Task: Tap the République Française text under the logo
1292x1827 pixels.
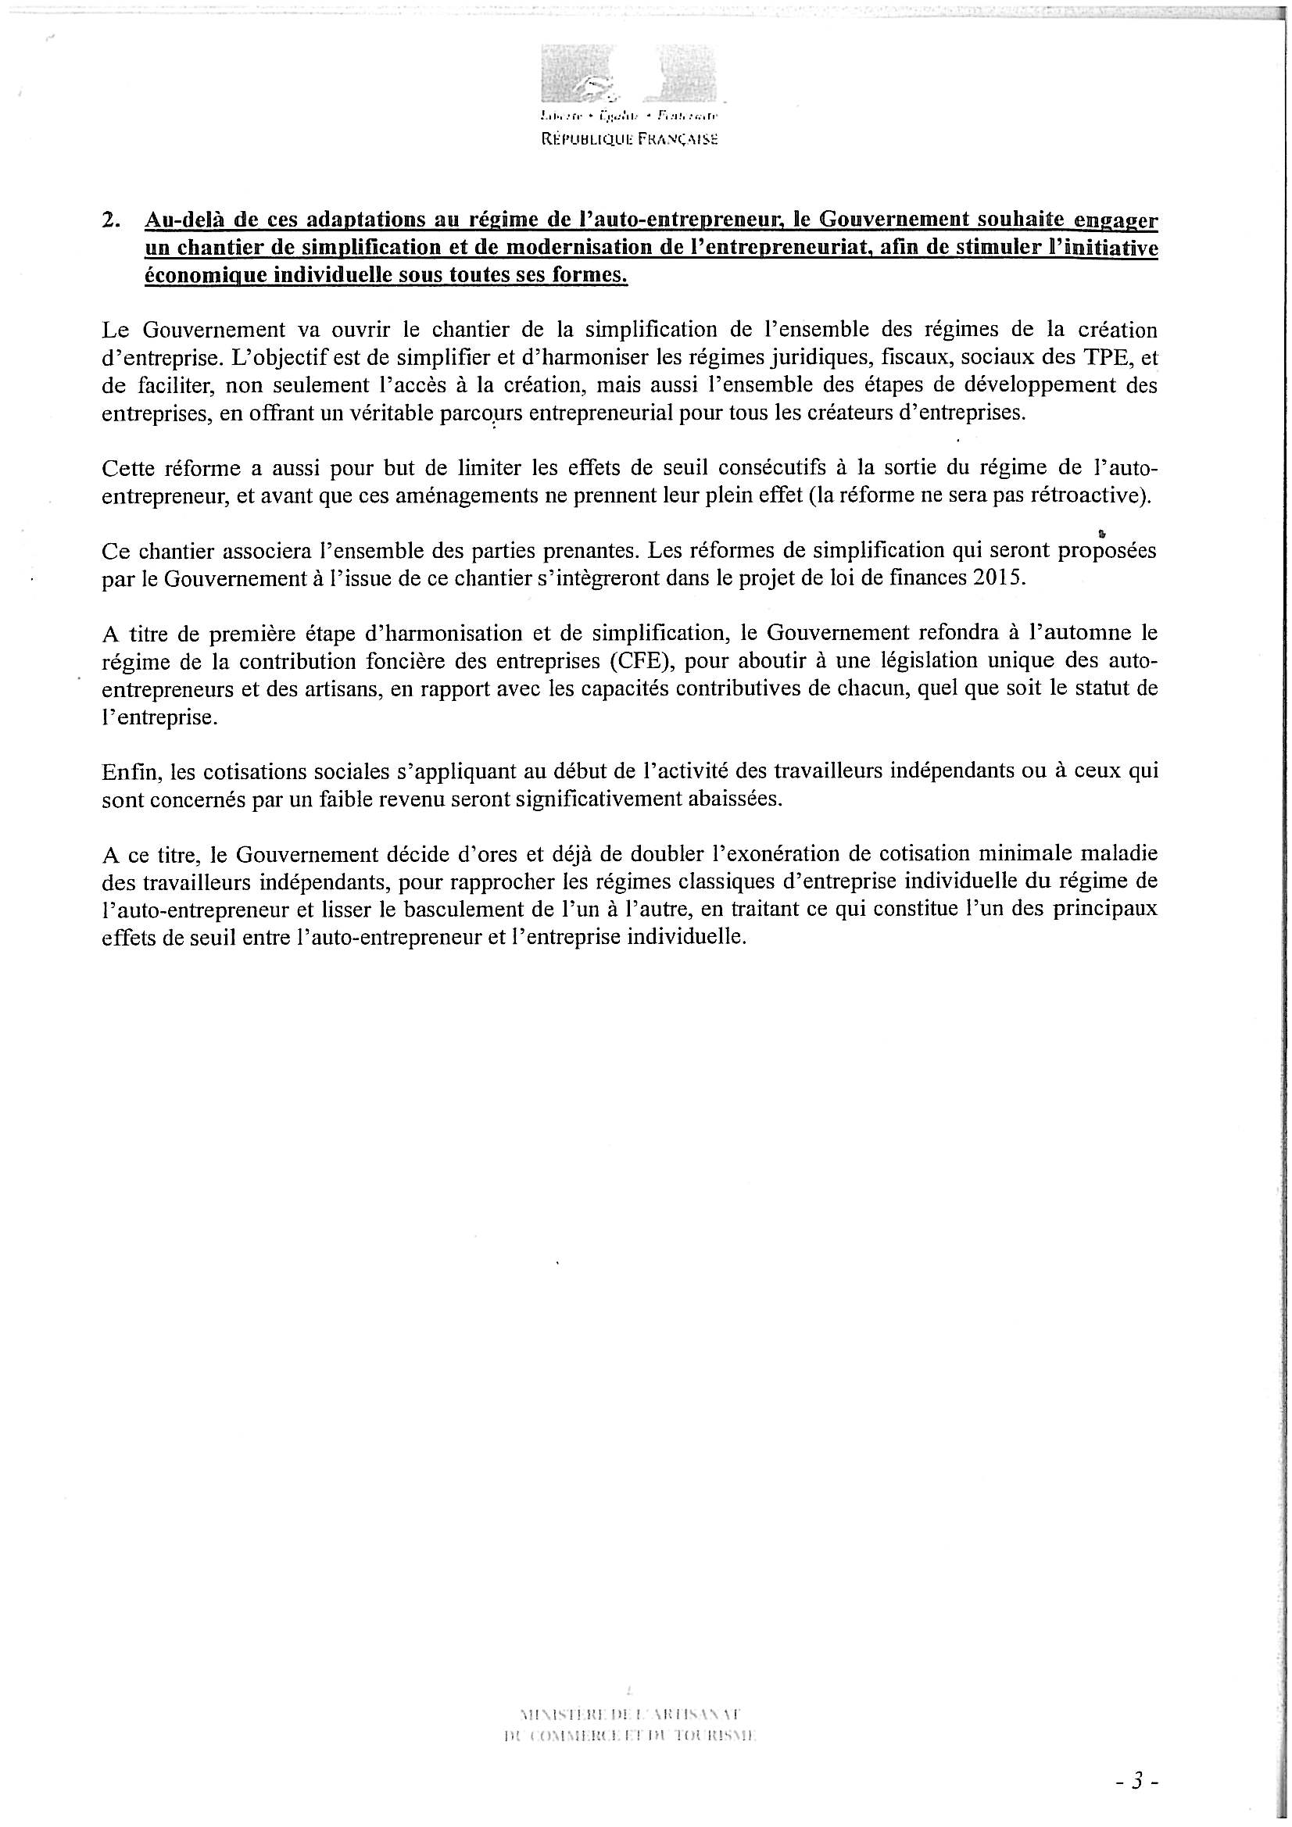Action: click(x=629, y=138)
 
